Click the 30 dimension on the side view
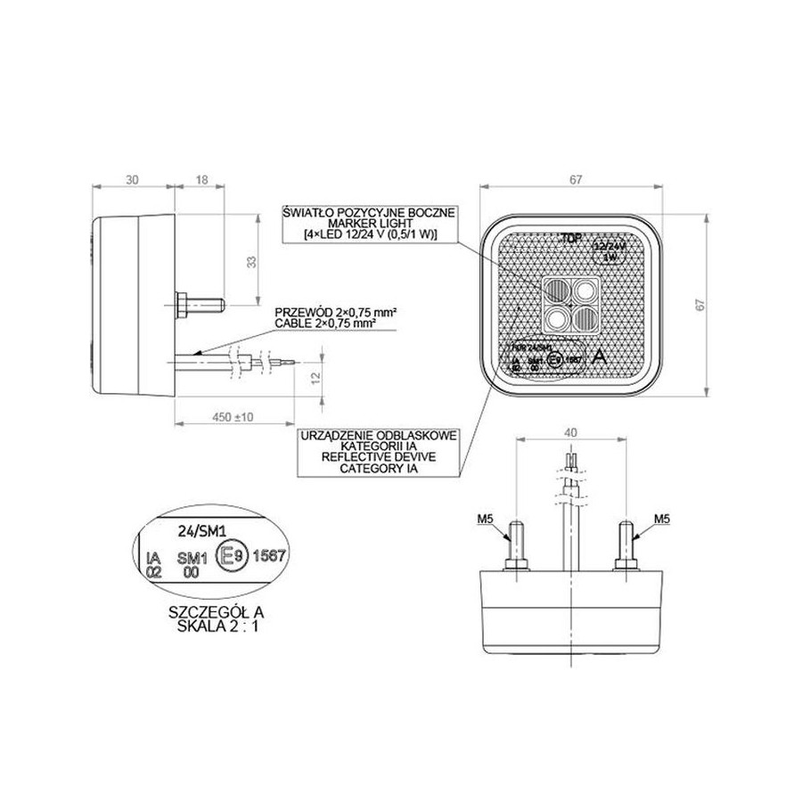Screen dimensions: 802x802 (133, 179)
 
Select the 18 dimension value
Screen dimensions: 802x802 (200, 179)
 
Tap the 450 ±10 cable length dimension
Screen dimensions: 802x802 (233, 416)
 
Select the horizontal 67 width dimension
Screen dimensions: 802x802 (570, 179)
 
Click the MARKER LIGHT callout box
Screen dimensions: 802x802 (368, 223)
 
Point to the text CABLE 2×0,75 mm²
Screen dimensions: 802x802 (335, 323)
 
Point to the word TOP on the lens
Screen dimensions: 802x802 (570, 239)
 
